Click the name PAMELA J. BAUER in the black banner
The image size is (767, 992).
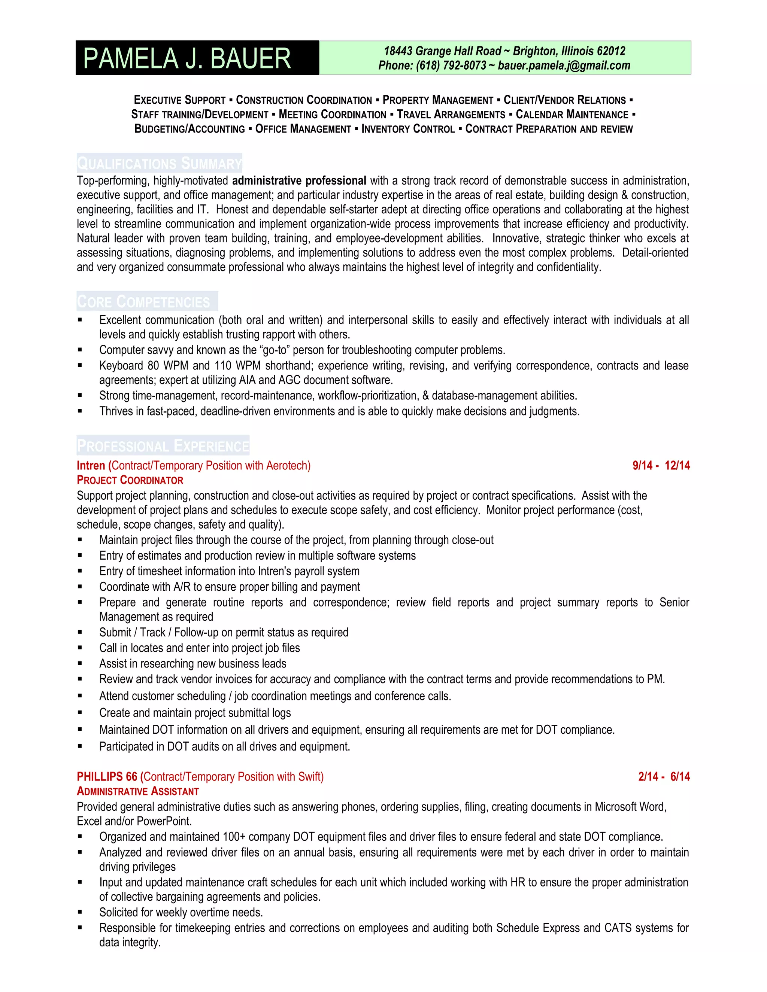tap(187, 58)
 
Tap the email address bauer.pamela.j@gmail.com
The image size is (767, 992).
tap(564, 66)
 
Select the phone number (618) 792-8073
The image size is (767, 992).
tap(451, 66)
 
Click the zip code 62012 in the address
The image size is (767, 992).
tap(611, 51)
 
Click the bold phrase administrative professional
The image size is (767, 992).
tap(299, 181)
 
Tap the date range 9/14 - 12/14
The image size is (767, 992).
tap(661, 466)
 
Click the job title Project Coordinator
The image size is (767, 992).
tap(130, 480)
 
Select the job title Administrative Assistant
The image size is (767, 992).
tap(138, 791)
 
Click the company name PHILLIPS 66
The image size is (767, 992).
tap(107, 777)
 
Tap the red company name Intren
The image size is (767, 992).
tap(91, 466)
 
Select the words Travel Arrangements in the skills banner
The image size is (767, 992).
tap(451, 115)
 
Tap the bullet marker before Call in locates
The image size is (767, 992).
tap(80, 648)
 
